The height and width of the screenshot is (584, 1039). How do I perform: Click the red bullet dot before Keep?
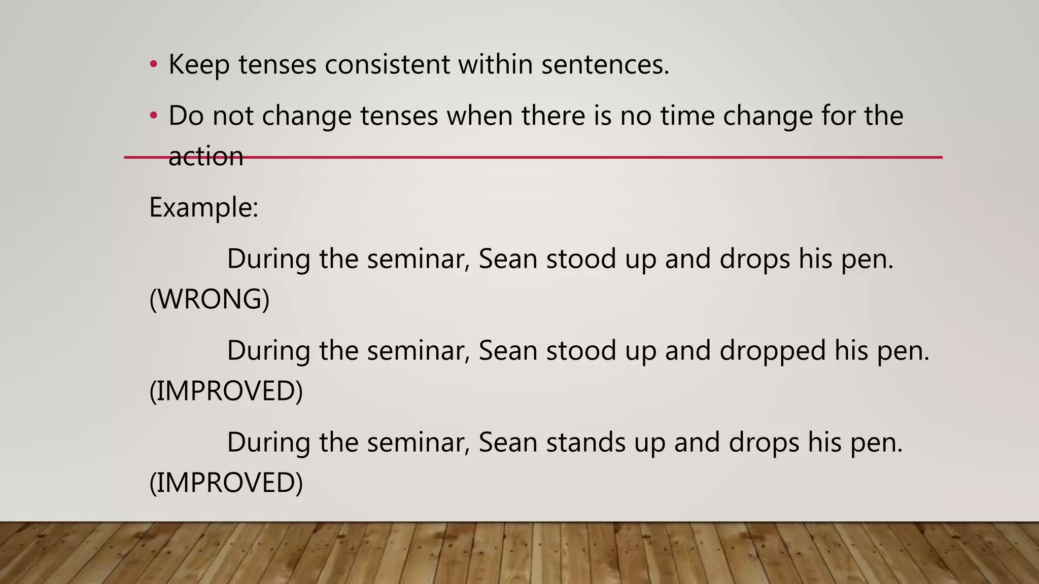point(154,64)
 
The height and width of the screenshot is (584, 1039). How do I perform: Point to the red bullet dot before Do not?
point(154,116)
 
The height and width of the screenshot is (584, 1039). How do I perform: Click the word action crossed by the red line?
point(205,156)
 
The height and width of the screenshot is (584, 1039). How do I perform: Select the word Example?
point(203,207)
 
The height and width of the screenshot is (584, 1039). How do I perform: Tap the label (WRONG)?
point(209,299)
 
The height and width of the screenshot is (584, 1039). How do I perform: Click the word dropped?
point(773,350)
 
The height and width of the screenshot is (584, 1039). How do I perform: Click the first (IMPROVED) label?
point(226,390)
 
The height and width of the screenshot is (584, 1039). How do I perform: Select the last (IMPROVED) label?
point(226,482)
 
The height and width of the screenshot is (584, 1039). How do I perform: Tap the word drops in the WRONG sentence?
point(754,259)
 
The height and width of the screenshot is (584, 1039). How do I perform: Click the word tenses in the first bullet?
point(278,65)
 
